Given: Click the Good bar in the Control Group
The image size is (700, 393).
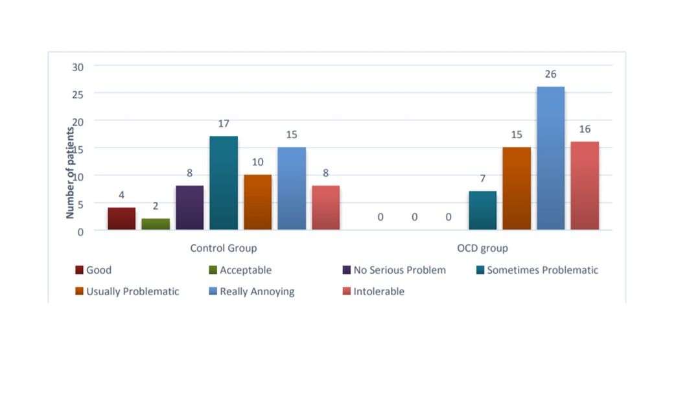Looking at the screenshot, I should click(x=121, y=219).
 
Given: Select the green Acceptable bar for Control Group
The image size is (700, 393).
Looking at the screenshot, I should click(x=156, y=224).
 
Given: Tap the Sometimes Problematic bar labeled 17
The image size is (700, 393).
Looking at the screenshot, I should click(x=224, y=183).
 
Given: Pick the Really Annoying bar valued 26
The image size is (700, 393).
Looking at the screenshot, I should click(x=550, y=159).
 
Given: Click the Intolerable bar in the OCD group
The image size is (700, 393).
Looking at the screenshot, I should click(x=585, y=186).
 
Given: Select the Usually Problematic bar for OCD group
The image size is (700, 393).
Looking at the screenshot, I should click(x=517, y=188).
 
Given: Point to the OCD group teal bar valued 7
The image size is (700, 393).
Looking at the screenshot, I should click(x=482, y=210).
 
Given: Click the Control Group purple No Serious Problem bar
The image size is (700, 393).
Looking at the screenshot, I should click(x=189, y=208).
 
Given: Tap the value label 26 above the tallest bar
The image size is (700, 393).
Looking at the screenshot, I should click(x=550, y=74).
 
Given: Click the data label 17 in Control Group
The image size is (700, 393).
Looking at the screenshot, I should click(x=224, y=124).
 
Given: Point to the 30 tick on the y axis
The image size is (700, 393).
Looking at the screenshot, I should click(x=77, y=66).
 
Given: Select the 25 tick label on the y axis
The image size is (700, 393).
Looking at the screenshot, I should click(x=77, y=94).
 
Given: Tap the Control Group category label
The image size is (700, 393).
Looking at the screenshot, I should click(x=223, y=248).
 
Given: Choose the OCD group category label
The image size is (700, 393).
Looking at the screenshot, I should click(x=482, y=248).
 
